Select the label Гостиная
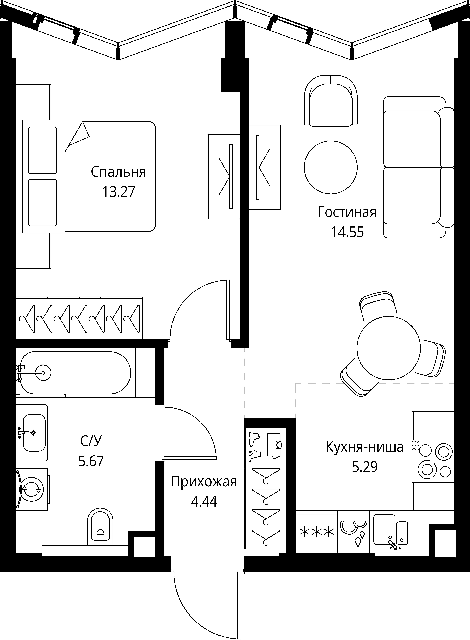[x=347, y=213]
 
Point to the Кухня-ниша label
[x=364, y=447]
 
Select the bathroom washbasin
[x=32, y=433]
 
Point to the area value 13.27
[x=118, y=192]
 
